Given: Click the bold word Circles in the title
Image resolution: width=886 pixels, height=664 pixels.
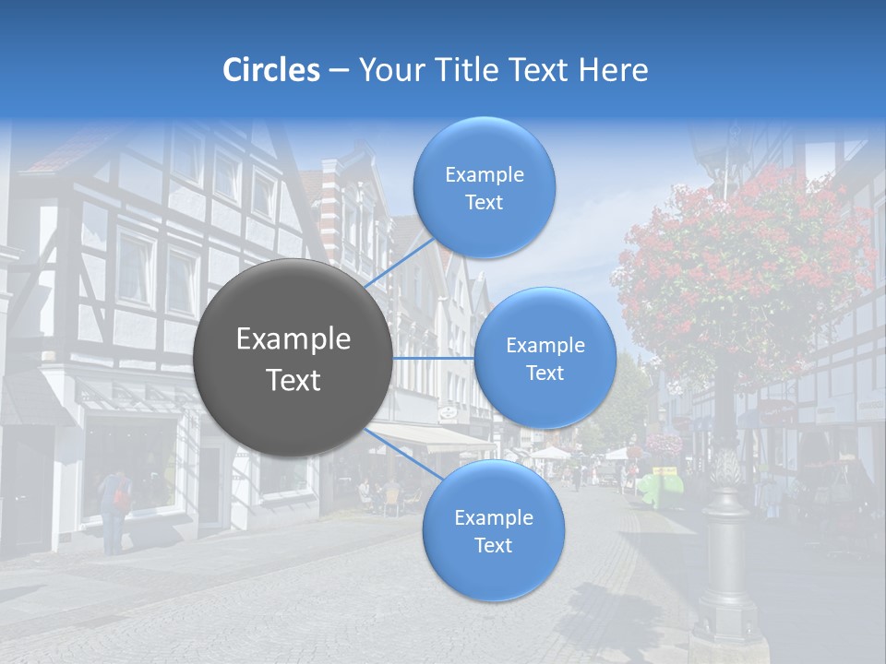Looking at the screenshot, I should click(271, 70).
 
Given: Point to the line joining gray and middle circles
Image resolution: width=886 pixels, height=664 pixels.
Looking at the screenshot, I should click(434, 358).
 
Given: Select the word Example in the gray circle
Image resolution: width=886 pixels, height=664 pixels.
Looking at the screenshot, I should click(293, 339).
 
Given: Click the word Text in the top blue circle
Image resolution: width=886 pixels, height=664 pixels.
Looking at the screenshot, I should click(484, 203).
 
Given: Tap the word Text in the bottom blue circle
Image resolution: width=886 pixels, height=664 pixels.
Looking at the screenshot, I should click(493, 545).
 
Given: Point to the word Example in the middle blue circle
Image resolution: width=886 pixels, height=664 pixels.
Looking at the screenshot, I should click(545, 345).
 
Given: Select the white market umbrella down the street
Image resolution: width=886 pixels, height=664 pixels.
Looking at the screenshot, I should click(551, 452).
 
